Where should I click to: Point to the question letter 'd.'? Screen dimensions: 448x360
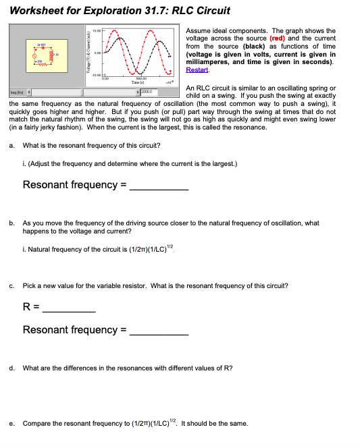coord(12,368)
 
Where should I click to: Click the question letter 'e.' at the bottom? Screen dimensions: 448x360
coord(12,424)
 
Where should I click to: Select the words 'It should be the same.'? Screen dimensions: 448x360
coord(217,424)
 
